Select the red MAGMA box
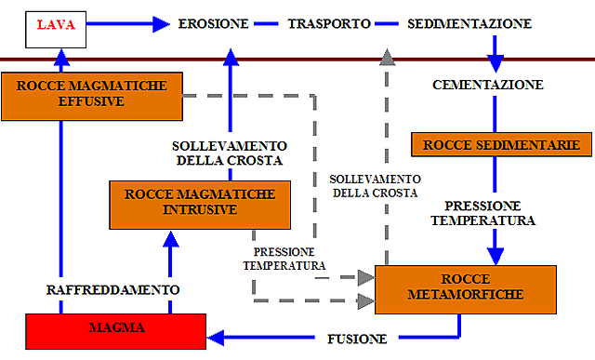115,329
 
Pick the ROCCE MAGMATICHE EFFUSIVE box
91,93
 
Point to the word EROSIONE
213,23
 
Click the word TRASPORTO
328,23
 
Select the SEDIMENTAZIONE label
470,23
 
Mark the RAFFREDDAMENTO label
112,290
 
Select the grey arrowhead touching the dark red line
388,58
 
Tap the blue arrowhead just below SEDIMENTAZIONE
496,64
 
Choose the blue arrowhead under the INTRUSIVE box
170,239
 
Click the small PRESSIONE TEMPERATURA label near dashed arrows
284,259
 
